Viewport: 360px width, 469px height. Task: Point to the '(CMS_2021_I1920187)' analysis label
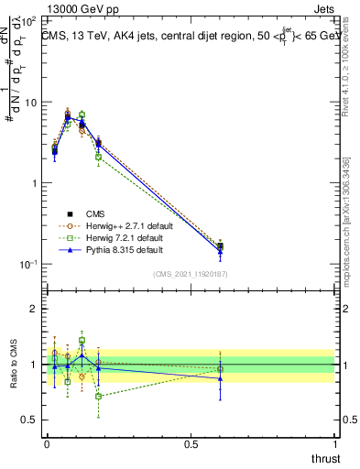tap(191, 274)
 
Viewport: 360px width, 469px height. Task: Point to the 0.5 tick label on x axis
tap(191, 444)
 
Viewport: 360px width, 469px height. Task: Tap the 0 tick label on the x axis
tap(47, 444)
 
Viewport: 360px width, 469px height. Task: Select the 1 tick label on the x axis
tap(335, 444)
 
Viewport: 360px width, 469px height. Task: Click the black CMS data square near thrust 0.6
tap(220, 246)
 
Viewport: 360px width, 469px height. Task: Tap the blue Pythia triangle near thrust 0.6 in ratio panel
tap(220, 377)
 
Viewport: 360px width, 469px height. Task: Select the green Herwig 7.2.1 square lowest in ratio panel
tap(98, 396)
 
